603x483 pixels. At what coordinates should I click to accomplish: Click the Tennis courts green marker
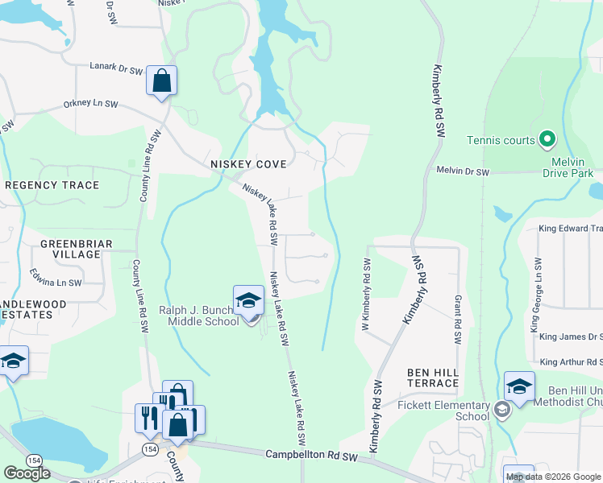pos(547,140)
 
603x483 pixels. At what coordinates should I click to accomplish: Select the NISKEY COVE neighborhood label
pos(248,164)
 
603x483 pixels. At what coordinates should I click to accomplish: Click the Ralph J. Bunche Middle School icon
pos(248,301)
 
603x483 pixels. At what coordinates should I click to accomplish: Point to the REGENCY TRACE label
pos(52,185)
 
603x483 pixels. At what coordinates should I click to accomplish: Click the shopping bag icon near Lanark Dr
pos(161,80)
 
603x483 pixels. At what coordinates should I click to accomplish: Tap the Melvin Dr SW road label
pos(463,171)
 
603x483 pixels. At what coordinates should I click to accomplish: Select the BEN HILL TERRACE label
pos(433,378)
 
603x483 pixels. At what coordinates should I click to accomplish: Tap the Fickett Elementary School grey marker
pos(501,411)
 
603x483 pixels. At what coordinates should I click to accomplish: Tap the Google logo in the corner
pos(27,473)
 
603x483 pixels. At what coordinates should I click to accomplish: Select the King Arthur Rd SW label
pos(571,362)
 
